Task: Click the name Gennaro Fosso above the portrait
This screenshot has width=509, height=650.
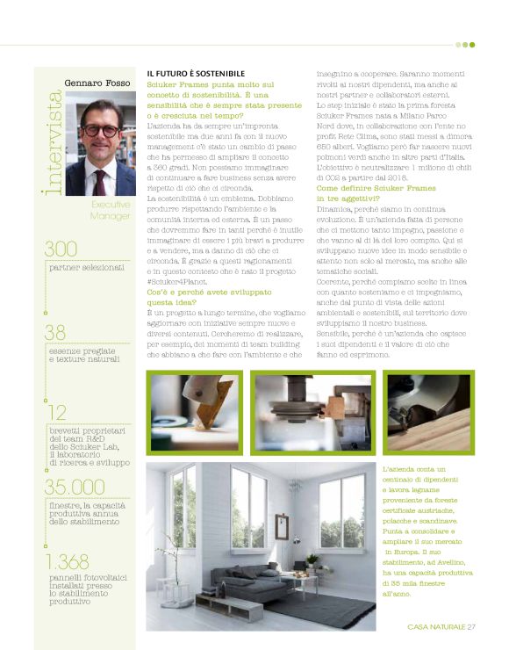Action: pyautogui.click(x=96, y=83)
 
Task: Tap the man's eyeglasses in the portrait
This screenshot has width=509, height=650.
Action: pyautogui.click(x=100, y=131)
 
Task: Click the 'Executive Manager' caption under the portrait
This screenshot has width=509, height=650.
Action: pyautogui.click(x=111, y=209)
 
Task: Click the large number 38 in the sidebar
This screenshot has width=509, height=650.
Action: pyautogui.click(x=55, y=332)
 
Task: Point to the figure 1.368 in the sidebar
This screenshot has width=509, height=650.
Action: pyautogui.click(x=69, y=563)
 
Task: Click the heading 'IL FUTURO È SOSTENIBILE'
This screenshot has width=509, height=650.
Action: pyautogui.click(x=195, y=73)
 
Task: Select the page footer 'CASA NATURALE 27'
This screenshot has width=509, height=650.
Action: pyautogui.click(x=441, y=626)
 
